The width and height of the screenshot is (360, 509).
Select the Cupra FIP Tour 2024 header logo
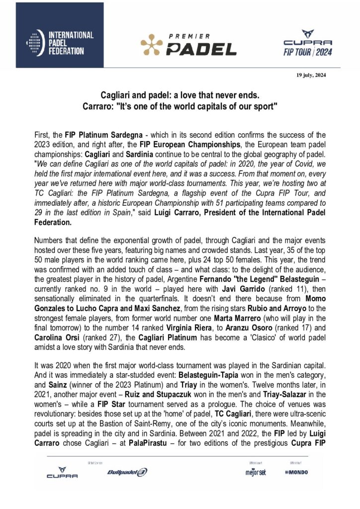click(307, 44)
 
